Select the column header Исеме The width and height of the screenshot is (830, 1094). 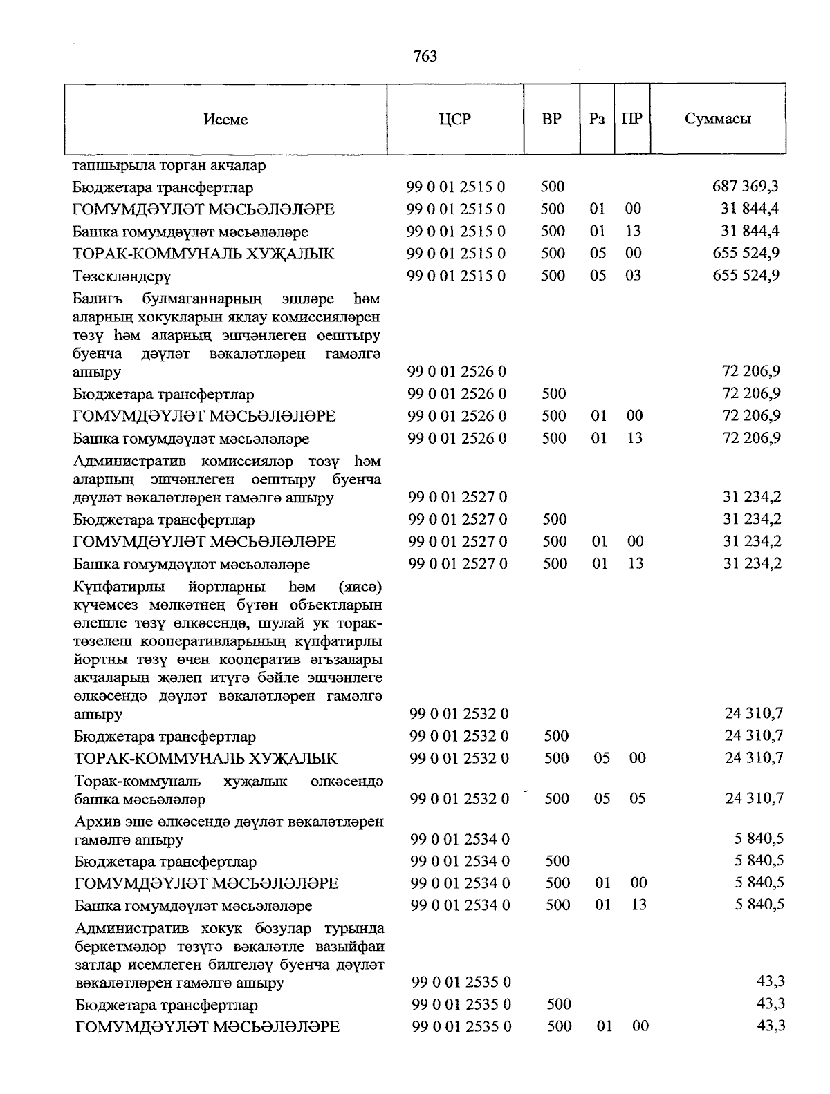click(225, 120)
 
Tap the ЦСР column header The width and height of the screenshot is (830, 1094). click(454, 119)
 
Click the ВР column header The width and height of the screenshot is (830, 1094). click(551, 119)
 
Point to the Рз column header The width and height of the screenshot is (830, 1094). click(597, 119)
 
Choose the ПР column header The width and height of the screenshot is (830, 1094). click(631, 119)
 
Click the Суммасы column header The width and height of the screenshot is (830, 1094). click(717, 119)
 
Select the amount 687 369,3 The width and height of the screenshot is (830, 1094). click(745, 186)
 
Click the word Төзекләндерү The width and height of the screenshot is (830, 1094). click(122, 276)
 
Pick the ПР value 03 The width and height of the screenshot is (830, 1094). click(633, 275)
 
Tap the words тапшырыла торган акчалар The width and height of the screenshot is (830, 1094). click(169, 166)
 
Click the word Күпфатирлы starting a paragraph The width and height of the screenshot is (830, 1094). click(119, 587)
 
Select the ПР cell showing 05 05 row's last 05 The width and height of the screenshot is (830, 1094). click(637, 798)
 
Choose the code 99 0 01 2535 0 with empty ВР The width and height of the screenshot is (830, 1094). click(461, 982)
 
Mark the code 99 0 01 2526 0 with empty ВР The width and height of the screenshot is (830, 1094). click(456, 372)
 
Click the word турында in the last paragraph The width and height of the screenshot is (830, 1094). click(355, 928)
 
